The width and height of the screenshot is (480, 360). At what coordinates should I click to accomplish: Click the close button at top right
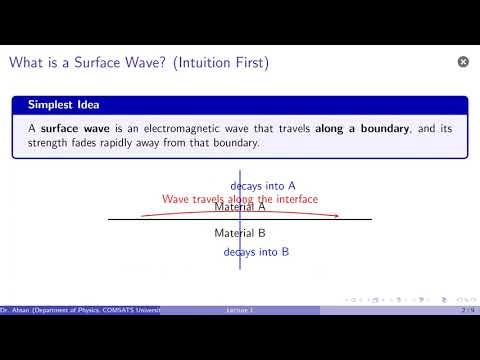tap(463, 62)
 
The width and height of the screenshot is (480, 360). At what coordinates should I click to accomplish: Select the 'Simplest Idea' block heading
tap(56, 104)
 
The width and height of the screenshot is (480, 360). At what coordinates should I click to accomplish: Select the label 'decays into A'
tap(263, 186)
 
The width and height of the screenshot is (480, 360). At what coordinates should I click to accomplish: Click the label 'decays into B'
tap(257, 252)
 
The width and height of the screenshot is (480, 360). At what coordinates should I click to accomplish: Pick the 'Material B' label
tap(240, 233)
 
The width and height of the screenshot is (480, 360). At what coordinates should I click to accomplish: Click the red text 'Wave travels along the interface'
tap(240, 199)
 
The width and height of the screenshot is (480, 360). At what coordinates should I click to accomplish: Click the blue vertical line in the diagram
tap(240, 270)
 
